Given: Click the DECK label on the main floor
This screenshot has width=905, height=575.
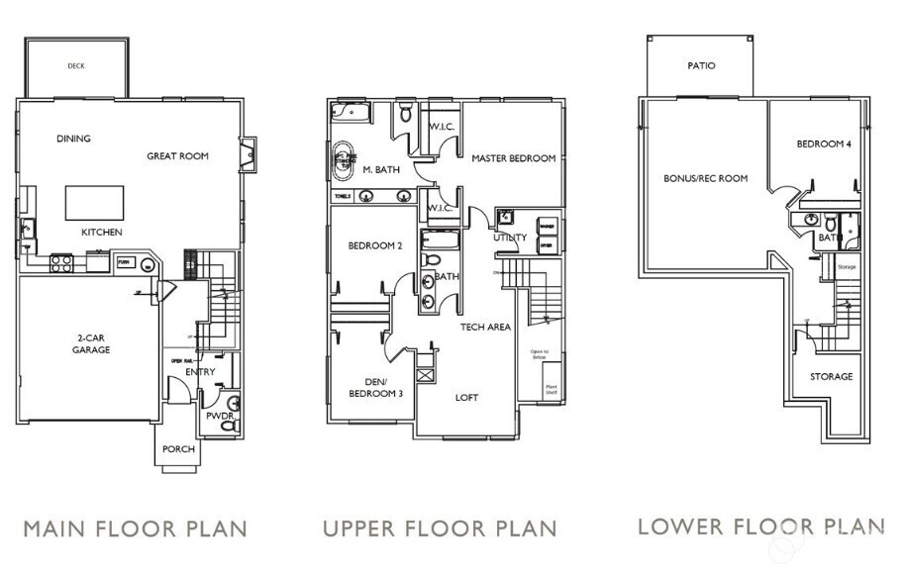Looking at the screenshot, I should coord(76,66).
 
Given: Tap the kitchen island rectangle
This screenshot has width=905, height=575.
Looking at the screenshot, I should coord(94,202).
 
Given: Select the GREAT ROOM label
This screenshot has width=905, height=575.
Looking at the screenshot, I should coord(177,155).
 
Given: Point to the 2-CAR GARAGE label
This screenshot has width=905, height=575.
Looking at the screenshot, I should coord(91,343).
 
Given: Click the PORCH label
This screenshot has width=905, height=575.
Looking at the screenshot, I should coord(179,448).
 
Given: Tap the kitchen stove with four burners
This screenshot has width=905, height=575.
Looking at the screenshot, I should coord(60,263).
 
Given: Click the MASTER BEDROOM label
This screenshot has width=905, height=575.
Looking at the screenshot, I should coord(513,158).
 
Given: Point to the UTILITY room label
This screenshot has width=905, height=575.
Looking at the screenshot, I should coord(510,238).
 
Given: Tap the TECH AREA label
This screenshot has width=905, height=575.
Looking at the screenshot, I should coord(485,327).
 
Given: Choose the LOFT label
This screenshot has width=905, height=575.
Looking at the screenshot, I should coord(466,398).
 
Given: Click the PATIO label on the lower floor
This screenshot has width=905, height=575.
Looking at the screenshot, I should coord(701,66).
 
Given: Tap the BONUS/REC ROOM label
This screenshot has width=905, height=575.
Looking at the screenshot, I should coord(705,178).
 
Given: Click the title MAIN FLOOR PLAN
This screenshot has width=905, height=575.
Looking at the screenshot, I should coord(135,527).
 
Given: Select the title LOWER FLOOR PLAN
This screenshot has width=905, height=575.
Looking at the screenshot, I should coord(760,526).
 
